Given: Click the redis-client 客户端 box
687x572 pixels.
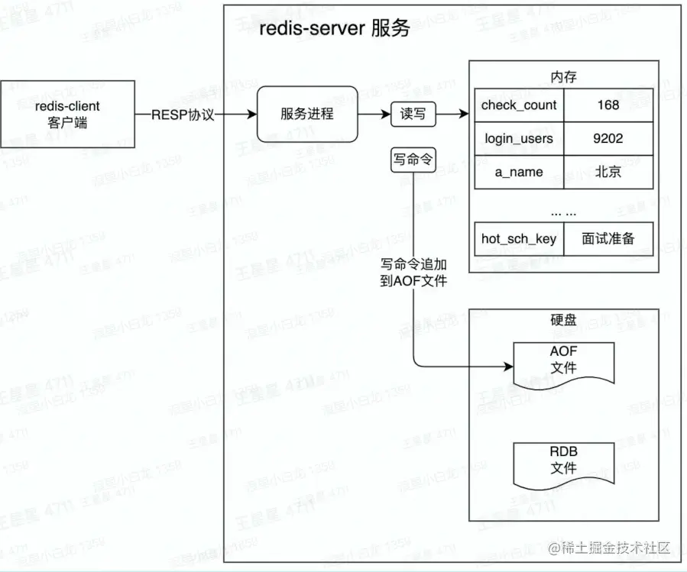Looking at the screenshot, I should (67, 114).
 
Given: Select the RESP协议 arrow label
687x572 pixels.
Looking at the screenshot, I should (183, 114).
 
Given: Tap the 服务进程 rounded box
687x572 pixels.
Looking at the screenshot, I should (306, 114).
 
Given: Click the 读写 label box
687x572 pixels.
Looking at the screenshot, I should (413, 114).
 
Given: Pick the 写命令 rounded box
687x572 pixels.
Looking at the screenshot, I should (413, 160).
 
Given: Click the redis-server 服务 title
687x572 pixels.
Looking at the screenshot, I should (335, 29).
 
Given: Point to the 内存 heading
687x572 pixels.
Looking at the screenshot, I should (563, 77).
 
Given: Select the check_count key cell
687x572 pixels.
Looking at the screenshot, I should (519, 105).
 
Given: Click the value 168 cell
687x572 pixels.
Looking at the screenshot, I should (608, 105).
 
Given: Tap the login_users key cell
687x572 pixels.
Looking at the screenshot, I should (519, 139).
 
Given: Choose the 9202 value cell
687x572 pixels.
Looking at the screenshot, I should (608, 139).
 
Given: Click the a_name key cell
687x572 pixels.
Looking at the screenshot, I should (519, 172).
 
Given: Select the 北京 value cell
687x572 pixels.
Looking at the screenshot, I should (608, 172).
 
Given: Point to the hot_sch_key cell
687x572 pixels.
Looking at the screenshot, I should (519, 239).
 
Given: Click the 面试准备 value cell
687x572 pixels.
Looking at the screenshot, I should (608, 239).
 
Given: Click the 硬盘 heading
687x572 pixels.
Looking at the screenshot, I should (563, 320).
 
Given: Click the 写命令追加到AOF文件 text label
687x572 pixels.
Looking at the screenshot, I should (413, 273).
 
